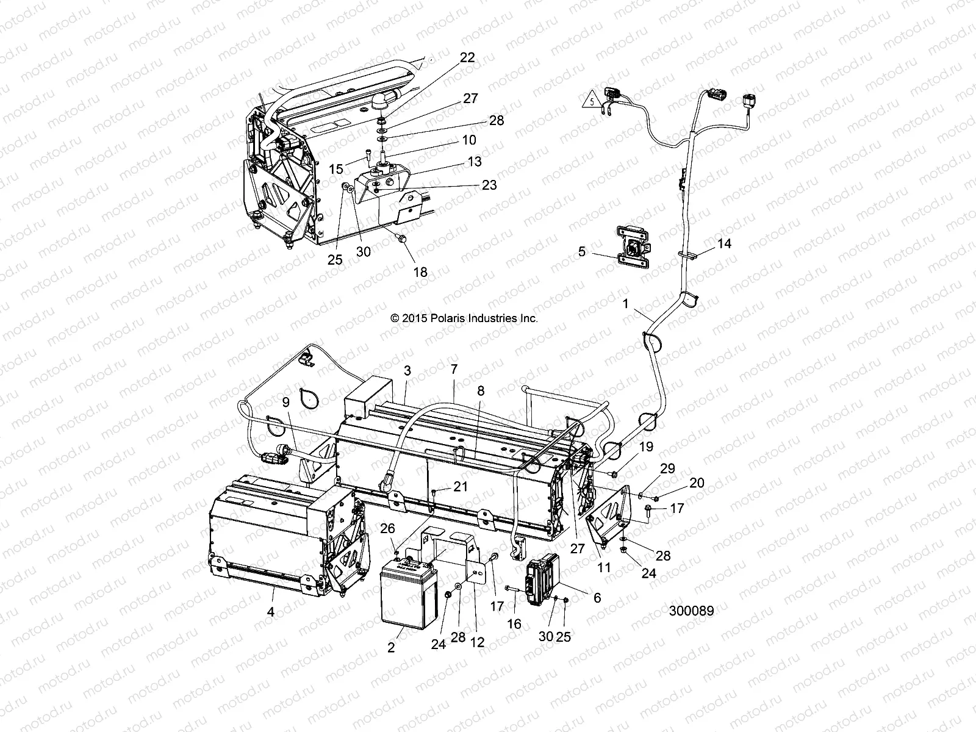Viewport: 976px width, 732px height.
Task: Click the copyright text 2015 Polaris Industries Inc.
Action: coord(464,318)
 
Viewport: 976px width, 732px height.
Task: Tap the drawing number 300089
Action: coord(691,610)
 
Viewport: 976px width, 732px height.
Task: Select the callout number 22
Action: coord(467,57)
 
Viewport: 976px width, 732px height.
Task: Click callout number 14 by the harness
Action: coord(724,243)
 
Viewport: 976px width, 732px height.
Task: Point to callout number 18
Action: coord(420,272)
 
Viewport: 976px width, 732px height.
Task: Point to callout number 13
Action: coord(475,161)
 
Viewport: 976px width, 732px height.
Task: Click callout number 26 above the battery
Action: coord(387,528)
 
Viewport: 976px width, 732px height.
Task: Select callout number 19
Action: coord(646,447)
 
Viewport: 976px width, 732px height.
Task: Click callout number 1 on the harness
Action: coord(625,303)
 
